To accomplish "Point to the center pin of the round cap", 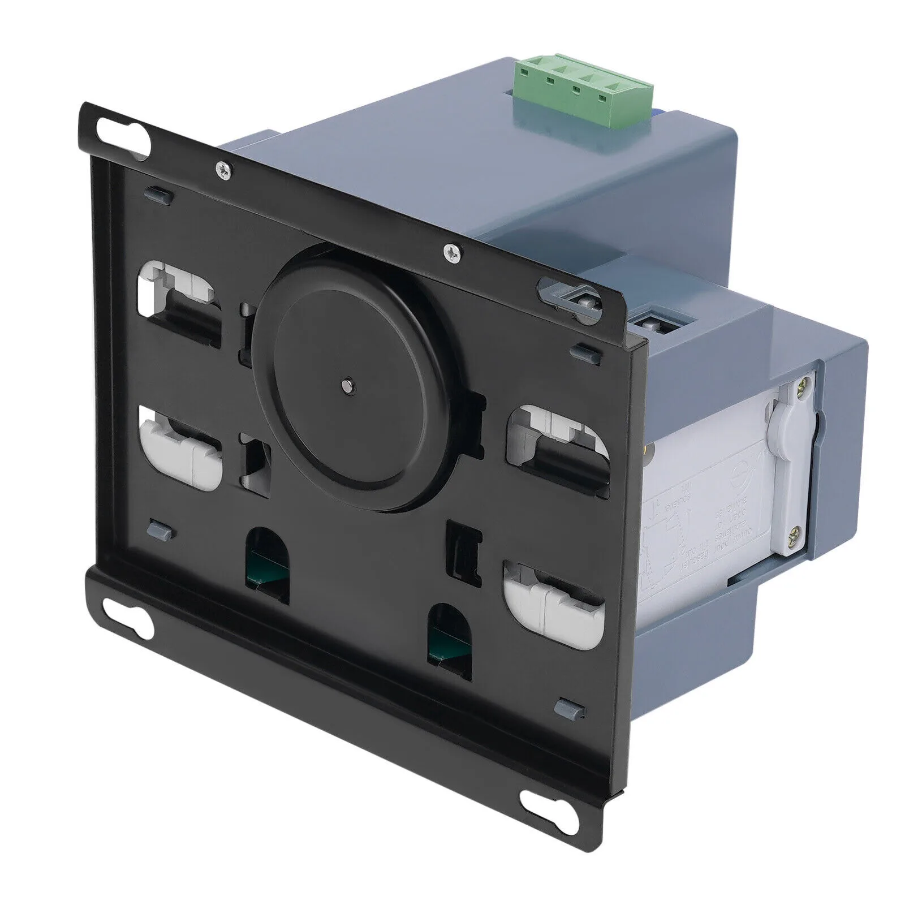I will (345, 384).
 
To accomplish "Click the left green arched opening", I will (267, 557).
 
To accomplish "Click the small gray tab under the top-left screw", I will (158, 195).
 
